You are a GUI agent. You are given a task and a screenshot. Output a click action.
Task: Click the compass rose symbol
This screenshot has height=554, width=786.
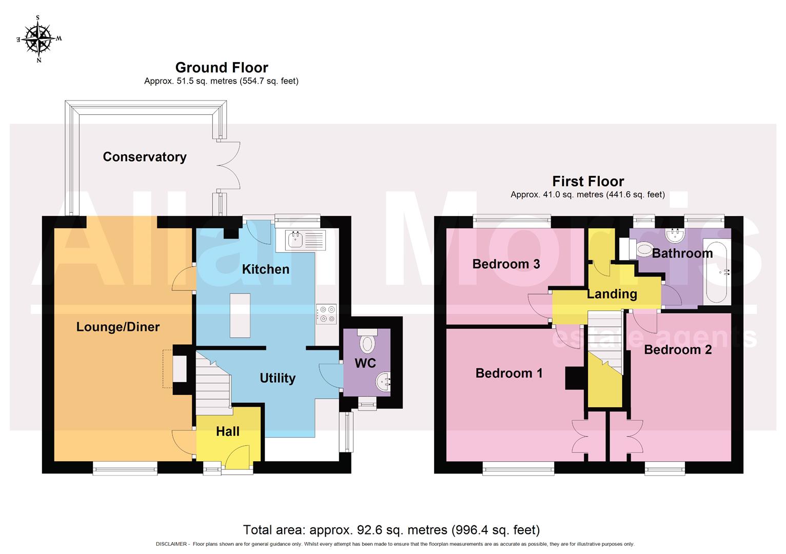tap(39, 39)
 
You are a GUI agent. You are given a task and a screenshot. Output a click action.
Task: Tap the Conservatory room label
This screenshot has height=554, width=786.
tap(144, 157)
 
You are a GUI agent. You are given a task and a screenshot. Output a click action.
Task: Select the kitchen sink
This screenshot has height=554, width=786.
tap(300, 240)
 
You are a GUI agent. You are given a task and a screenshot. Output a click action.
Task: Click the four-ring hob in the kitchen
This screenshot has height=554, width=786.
tap(326, 314)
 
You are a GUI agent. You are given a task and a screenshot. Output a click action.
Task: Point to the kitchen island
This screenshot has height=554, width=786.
tap(240, 315)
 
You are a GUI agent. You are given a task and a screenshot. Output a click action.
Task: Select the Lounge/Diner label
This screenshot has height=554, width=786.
tap(117, 327)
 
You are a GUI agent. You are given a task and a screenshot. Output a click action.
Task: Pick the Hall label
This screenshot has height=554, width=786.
tap(227, 431)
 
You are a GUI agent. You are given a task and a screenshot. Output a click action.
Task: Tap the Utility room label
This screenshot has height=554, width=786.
tap(277, 378)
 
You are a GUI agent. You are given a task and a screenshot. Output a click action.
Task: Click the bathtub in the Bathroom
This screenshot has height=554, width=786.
tap(716, 272)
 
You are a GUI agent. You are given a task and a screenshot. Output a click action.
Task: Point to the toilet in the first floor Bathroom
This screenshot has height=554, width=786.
tap(637, 249)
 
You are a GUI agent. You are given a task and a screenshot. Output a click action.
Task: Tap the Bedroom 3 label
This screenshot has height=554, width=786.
tap(505, 264)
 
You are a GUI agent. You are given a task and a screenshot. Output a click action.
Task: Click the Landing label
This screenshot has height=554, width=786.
tap(612, 294)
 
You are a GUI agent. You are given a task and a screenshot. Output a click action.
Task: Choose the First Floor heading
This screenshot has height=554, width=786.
tap(587, 182)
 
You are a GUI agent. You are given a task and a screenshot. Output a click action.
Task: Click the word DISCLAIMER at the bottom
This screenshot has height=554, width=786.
tap(171, 544)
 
